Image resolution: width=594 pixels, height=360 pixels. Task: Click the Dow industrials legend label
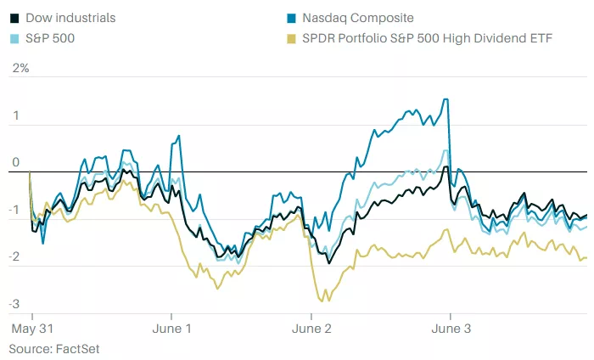tap(70, 18)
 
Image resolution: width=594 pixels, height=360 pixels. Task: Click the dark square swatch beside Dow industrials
tap(14, 18)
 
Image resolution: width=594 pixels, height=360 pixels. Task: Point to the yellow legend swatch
tap(294, 39)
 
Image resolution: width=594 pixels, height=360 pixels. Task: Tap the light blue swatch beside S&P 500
tap(14, 39)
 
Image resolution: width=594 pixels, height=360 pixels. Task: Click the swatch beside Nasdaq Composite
tap(294, 18)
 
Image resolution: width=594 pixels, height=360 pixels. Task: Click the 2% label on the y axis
tap(19, 68)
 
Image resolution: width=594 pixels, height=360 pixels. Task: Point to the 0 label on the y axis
tap(15, 162)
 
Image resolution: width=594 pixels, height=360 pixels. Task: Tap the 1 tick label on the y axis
tap(15, 115)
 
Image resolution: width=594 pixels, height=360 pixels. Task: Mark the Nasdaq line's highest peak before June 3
tap(446, 99)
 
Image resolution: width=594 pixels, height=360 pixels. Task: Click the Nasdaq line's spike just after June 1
tap(178, 135)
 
